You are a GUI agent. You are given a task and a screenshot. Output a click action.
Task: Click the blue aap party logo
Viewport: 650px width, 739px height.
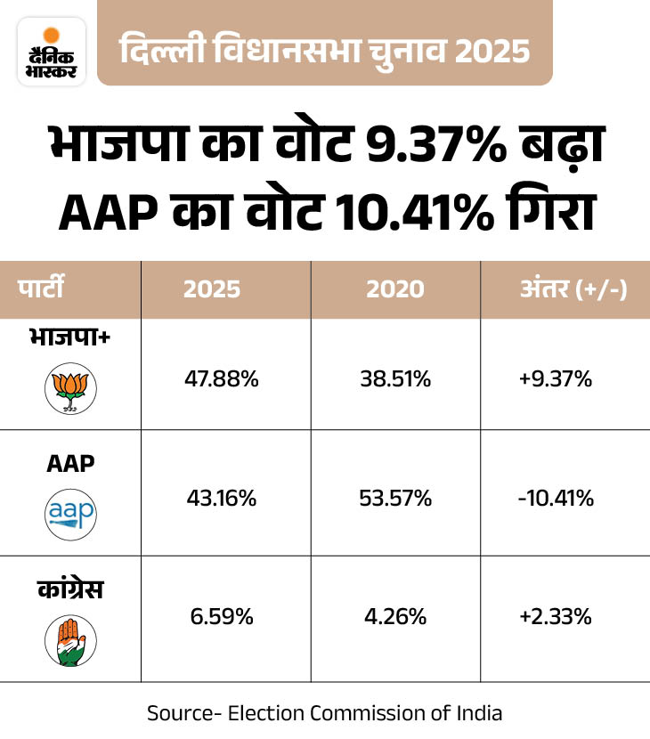point(69,514)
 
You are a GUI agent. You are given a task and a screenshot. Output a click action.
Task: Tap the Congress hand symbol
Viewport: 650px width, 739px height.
point(69,639)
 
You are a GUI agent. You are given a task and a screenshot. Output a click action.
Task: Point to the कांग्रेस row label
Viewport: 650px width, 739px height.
point(69,589)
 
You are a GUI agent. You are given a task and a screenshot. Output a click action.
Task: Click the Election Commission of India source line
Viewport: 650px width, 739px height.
point(324,713)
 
